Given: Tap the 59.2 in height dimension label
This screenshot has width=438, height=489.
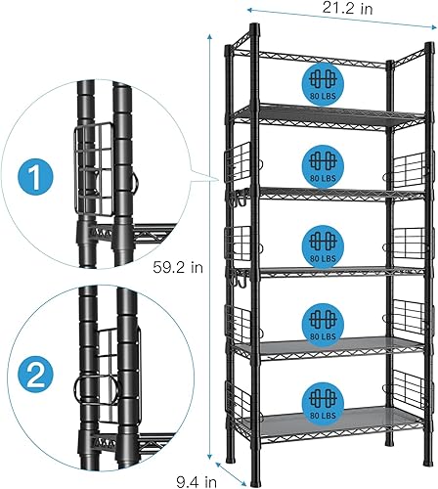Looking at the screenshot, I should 181,266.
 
